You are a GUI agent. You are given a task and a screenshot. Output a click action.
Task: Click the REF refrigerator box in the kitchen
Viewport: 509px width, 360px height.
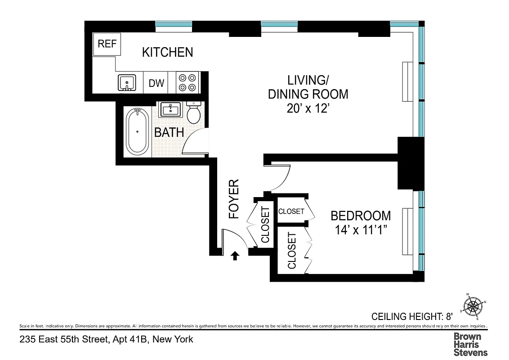coord(107,44)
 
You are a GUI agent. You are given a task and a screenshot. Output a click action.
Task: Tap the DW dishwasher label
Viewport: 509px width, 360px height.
coord(156,83)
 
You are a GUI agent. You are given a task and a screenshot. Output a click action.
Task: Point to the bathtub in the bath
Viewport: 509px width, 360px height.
coord(137,131)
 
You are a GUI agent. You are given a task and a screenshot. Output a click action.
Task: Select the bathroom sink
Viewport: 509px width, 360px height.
coord(170,109)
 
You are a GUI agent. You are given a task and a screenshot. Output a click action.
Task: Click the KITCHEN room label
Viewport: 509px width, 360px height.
coord(167,52)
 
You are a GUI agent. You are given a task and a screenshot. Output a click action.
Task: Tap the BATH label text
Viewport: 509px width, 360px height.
coord(169,132)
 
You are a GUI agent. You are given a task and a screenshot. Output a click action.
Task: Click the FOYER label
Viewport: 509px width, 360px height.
coord(234,199)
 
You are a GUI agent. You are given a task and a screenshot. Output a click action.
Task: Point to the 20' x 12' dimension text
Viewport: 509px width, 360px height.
coord(308,109)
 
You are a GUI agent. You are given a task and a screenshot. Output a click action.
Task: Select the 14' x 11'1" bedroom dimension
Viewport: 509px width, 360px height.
coord(361,229)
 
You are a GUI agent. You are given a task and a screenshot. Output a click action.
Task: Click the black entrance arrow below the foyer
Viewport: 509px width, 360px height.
coord(234,256)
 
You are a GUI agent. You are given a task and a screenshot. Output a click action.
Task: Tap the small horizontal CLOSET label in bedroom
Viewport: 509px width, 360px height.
coord(291,211)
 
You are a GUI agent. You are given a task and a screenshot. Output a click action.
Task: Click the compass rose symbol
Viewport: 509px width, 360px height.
coord(473,307)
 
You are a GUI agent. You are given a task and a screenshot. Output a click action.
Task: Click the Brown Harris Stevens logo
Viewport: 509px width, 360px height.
coord(470,344)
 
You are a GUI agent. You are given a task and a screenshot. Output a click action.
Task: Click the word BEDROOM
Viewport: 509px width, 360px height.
coord(361,216)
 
